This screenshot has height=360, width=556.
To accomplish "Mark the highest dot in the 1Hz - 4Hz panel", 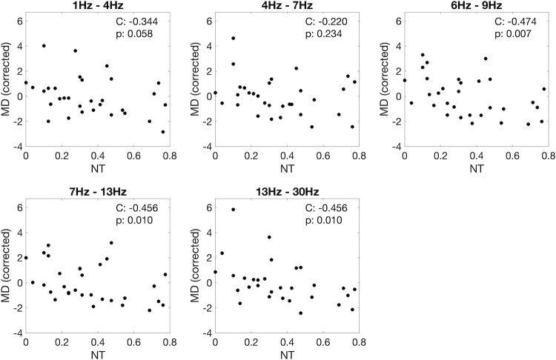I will click(x=44, y=46).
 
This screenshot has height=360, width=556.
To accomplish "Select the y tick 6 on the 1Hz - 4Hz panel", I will click(x=19, y=21).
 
